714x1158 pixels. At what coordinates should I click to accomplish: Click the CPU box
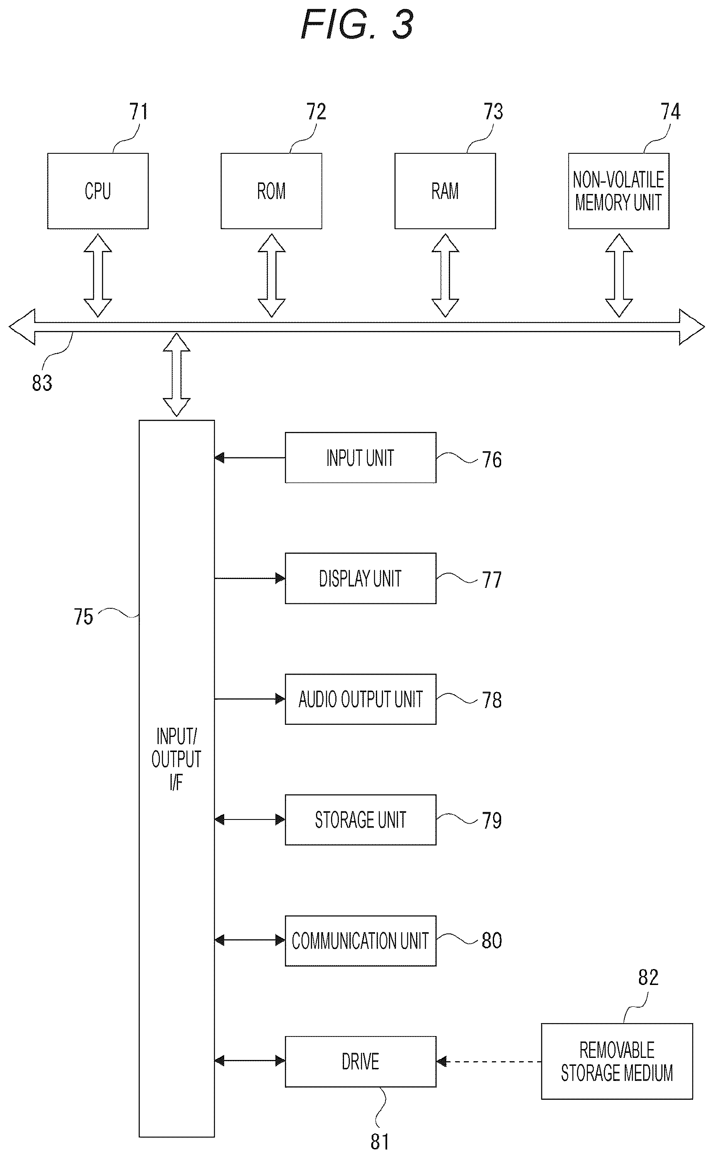[98, 191]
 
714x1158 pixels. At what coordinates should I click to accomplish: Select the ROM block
[272, 191]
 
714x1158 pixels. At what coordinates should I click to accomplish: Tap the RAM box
[445, 191]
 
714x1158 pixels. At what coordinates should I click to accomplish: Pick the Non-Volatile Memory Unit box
[618, 191]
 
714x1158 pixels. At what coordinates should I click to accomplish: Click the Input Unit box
[360, 458]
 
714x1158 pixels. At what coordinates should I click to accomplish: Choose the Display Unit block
[360, 578]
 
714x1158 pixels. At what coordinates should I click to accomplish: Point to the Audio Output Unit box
[360, 699]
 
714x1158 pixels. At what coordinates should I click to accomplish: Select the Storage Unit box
[360, 820]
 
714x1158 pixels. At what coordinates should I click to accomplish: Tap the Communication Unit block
[360, 941]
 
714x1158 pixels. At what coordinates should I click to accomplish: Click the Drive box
[360, 1062]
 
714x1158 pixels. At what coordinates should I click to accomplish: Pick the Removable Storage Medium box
[617, 1062]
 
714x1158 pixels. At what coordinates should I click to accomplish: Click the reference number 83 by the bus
[42, 383]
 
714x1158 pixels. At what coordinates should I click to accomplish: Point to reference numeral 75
[83, 617]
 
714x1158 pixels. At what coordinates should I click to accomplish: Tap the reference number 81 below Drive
[380, 1142]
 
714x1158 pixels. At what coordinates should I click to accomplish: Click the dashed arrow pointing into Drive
[489, 1062]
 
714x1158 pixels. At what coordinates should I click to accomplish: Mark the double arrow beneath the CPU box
[98, 275]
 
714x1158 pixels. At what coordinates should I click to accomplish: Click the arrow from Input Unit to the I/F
[250, 458]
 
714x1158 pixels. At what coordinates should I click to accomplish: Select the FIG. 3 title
[357, 25]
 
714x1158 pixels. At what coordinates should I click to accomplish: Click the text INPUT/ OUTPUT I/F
[176, 760]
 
